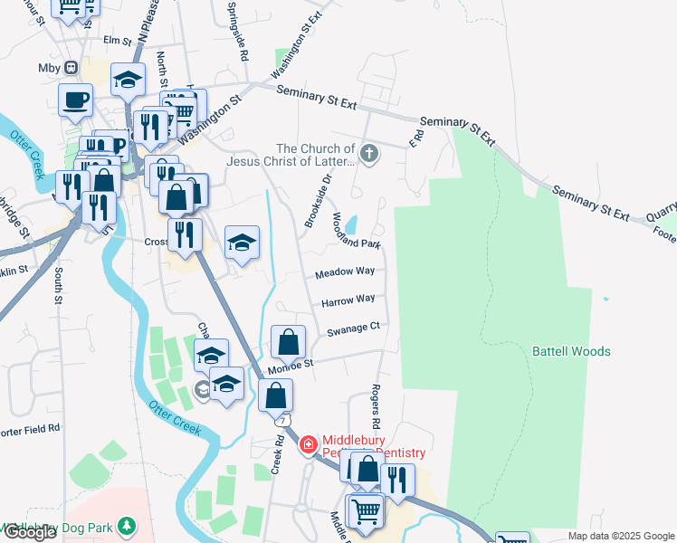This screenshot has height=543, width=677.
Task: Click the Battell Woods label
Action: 570,351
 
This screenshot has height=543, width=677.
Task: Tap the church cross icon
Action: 368,153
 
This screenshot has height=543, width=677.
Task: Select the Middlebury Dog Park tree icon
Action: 128,525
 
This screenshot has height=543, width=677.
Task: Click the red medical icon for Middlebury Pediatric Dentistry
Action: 308,444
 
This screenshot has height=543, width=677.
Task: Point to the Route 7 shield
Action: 284,422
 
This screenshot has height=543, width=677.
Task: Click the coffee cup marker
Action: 75,99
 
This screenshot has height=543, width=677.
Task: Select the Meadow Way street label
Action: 345,272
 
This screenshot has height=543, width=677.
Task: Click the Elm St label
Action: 118,41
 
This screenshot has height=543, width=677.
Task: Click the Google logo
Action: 30,532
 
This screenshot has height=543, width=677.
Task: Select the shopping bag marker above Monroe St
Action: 288,342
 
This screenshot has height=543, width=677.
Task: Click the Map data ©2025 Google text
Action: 621,536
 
